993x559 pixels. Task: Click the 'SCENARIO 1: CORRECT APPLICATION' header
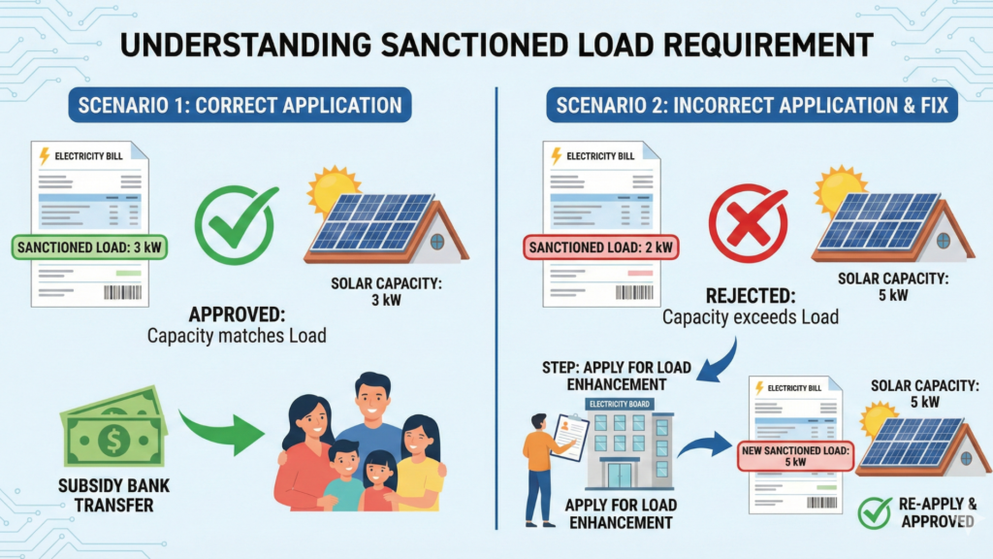tap(240, 104)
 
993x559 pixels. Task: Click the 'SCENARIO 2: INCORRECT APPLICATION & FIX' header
tap(752, 104)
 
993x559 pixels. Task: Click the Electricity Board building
tap(627, 442)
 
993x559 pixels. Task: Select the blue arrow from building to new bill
tap(704, 446)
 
